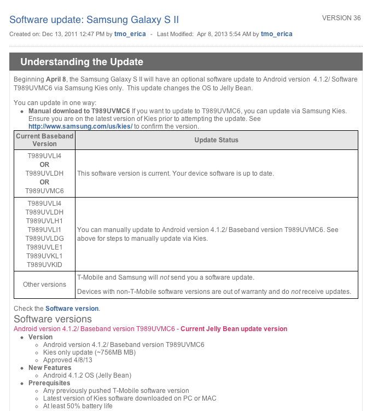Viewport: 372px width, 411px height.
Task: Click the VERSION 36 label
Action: (x=341, y=18)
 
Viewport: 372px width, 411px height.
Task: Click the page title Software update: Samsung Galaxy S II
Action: (x=94, y=20)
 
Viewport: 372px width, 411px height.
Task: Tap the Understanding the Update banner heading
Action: (x=82, y=62)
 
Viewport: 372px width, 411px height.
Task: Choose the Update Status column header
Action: (x=216, y=140)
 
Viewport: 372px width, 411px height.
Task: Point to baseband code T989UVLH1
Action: (x=44, y=221)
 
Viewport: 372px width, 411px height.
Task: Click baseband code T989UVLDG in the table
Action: (x=44, y=238)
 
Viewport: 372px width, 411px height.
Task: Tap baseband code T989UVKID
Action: (x=44, y=264)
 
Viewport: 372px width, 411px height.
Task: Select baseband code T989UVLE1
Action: (x=44, y=247)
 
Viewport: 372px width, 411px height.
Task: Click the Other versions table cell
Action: (x=44, y=285)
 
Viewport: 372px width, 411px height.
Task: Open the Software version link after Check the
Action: (x=72, y=309)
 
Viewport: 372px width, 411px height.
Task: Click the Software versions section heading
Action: (x=53, y=319)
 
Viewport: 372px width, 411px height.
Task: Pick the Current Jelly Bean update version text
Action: (x=234, y=329)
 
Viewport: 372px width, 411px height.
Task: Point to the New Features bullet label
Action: (x=50, y=368)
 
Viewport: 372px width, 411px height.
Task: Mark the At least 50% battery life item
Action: (x=78, y=406)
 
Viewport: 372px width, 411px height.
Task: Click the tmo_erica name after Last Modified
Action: (x=276, y=34)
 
